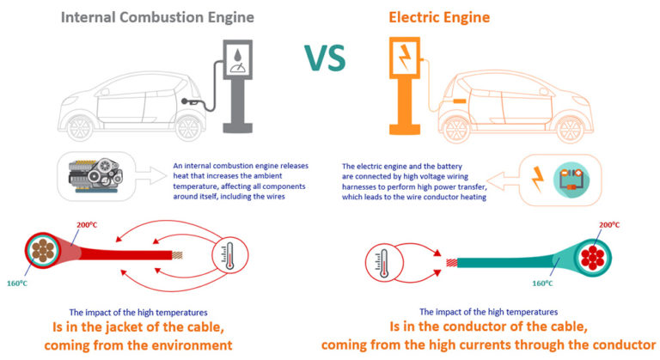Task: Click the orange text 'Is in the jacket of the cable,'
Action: tap(141, 327)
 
